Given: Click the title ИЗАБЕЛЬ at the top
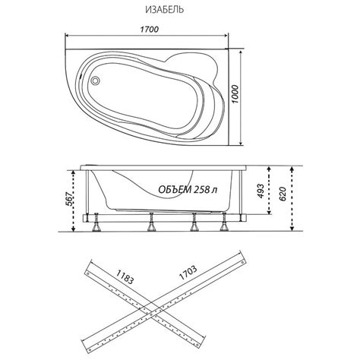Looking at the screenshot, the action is coord(165,10).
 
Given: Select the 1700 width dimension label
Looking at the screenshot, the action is coord(150,30).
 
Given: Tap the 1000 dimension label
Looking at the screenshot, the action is coord(235,94).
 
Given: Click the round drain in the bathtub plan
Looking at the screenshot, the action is coord(96,81).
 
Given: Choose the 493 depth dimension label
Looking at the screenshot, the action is coord(261,191).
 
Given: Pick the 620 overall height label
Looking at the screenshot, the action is coord(283,194).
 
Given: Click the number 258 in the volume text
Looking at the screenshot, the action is coord(202,189).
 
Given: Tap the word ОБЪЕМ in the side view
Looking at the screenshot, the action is coord(175,189).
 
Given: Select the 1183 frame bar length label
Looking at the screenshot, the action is coord(125,276).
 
